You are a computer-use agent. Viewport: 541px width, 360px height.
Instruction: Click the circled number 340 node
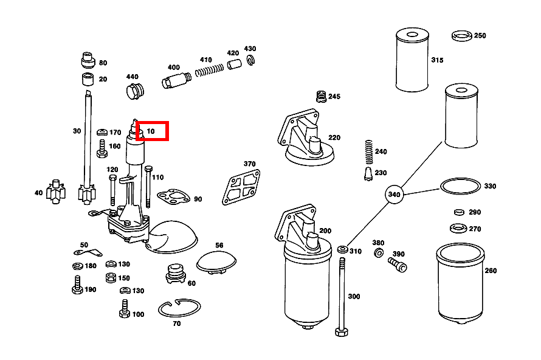[x=395, y=195]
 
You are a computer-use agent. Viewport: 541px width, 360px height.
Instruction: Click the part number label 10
[x=151, y=131]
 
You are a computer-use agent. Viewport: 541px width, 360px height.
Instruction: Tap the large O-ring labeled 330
[x=460, y=186]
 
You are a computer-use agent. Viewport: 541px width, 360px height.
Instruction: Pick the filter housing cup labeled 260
[x=460, y=282]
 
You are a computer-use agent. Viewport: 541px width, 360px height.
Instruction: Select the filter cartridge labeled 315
[x=412, y=60]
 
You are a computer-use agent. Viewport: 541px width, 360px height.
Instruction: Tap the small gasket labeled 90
[x=173, y=196]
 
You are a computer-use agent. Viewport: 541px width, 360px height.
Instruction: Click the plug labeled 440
[x=134, y=92]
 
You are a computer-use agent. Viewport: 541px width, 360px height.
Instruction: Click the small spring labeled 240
[x=367, y=152]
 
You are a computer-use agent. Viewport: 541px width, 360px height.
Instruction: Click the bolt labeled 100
[x=123, y=312]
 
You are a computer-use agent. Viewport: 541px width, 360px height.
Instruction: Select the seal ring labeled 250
[x=463, y=36]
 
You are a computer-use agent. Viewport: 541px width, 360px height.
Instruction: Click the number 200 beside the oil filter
[x=325, y=230]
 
